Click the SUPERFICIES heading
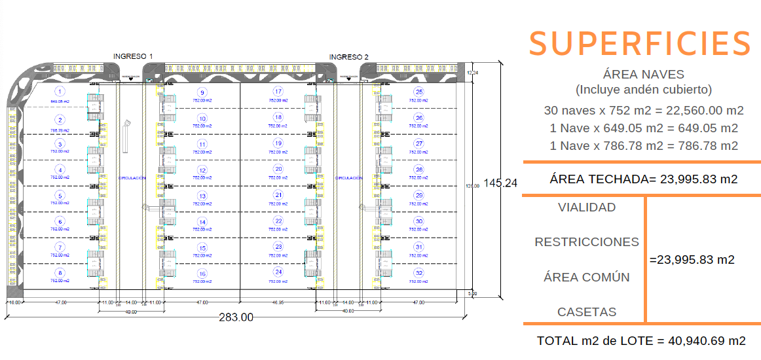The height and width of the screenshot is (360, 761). [x=640, y=43]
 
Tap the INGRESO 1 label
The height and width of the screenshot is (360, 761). [x=133, y=56]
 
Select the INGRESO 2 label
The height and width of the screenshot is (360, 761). [x=348, y=57]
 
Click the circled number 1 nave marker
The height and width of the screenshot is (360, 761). [x=60, y=92]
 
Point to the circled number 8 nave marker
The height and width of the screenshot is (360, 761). [x=60, y=273]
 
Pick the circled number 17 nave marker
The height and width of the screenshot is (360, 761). [x=278, y=92]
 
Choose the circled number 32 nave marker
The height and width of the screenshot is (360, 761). [x=419, y=273]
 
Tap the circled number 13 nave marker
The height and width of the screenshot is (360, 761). [x=202, y=196]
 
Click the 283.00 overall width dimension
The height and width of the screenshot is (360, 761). [x=236, y=317]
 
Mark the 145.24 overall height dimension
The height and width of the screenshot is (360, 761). [x=501, y=183]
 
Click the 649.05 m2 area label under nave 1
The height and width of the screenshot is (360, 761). [x=60, y=102]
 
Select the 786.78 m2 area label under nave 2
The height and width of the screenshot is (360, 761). [x=60, y=130]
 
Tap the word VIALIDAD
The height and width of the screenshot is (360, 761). [x=587, y=207]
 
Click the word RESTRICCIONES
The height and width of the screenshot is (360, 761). [x=587, y=242]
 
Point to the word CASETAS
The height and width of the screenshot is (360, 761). [x=587, y=312]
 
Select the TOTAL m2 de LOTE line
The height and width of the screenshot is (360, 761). [x=641, y=341]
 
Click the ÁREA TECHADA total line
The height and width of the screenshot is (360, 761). [x=644, y=179]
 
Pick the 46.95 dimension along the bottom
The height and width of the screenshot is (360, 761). [x=278, y=303]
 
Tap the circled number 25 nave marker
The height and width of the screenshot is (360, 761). [x=419, y=92]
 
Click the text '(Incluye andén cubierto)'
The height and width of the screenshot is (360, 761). [x=643, y=90]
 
